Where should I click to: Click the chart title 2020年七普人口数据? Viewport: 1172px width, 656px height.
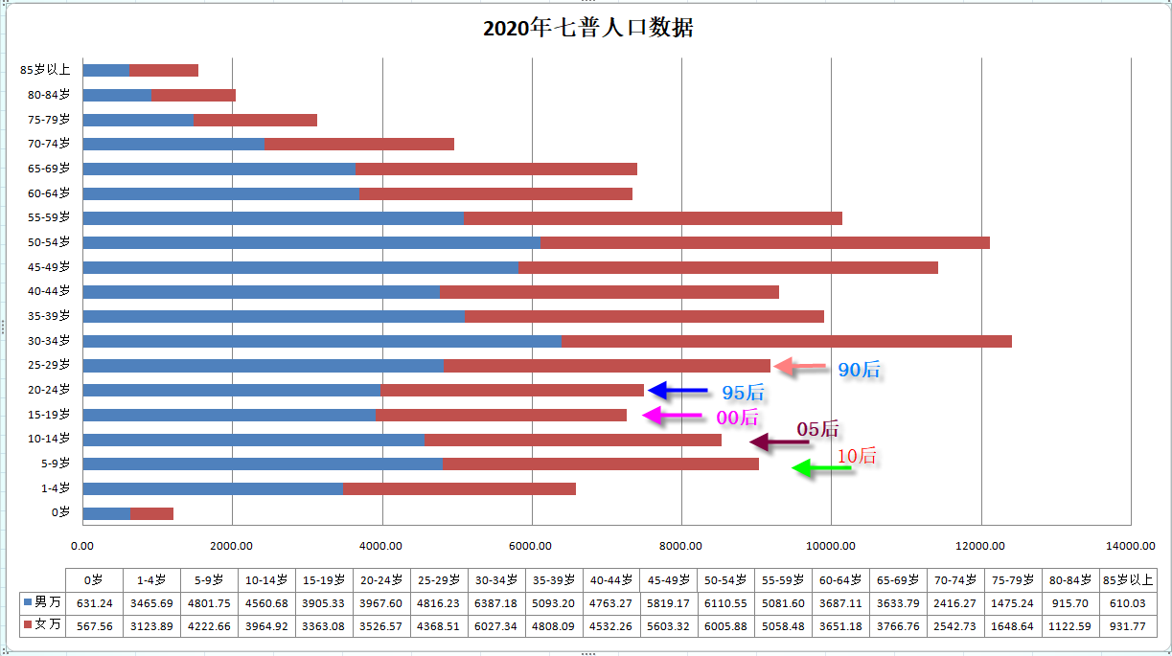point(587,29)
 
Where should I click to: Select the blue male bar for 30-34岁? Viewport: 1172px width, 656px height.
point(322,341)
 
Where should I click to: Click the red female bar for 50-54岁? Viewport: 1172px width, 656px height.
point(764,242)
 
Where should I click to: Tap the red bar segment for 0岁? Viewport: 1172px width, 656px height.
point(151,514)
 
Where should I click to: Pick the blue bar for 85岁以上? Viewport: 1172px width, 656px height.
point(106,70)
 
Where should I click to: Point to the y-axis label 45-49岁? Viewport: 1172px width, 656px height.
point(49,267)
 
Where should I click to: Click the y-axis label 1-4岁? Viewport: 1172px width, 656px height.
point(55,489)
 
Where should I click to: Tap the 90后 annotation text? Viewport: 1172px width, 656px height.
point(859,370)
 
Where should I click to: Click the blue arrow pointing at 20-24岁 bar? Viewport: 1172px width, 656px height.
point(678,391)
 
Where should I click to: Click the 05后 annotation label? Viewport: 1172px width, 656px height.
point(817,429)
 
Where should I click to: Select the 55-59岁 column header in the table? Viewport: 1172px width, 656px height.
point(784,580)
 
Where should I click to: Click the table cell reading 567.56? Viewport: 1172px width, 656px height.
point(94,626)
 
